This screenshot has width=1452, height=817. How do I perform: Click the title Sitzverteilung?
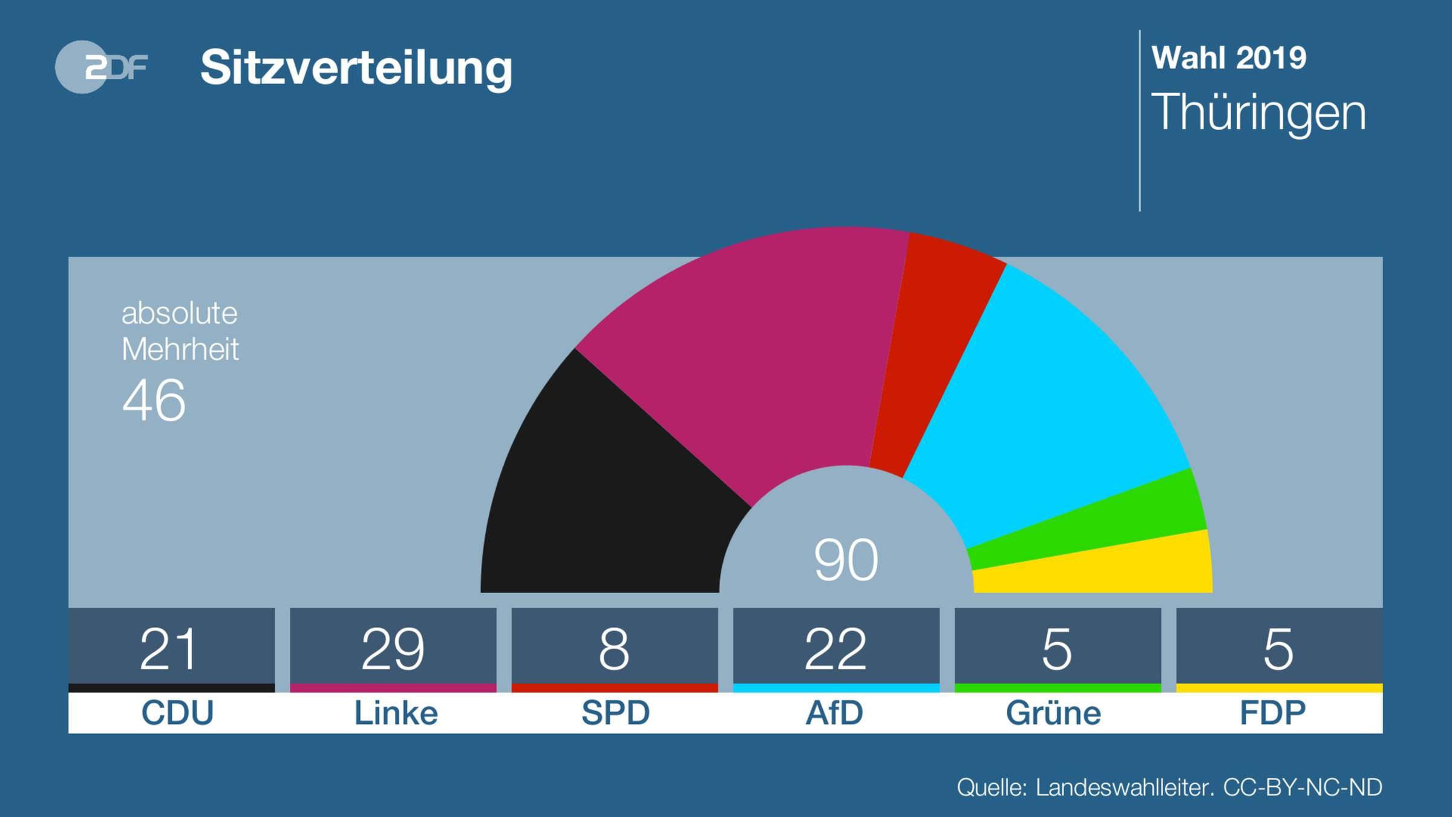pyautogui.click(x=356, y=68)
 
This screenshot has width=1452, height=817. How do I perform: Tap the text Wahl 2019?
pyautogui.click(x=1229, y=58)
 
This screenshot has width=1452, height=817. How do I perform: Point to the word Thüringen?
pyautogui.click(x=1258, y=113)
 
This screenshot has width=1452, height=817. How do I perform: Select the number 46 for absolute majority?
pyautogui.click(x=154, y=400)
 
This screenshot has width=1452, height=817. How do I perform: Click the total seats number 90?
pyautogui.click(x=846, y=560)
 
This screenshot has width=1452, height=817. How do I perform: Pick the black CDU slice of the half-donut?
pyautogui.click(x=605, y=496)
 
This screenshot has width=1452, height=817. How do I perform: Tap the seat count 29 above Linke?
pyautogui.click(x=393, y=649)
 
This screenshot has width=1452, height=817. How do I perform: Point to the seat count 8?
pyautogui.click(x=614, y=649)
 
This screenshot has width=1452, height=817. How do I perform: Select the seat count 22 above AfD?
pyautogui.click(x=836, y=649)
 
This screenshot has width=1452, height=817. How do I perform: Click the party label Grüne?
pyautogui.click(x=1053, y=712)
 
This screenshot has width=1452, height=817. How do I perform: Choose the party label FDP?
pyautogui.click(x=1273, y=713)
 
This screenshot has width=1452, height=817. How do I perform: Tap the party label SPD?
pyautogui.click(x=615, y=713)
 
